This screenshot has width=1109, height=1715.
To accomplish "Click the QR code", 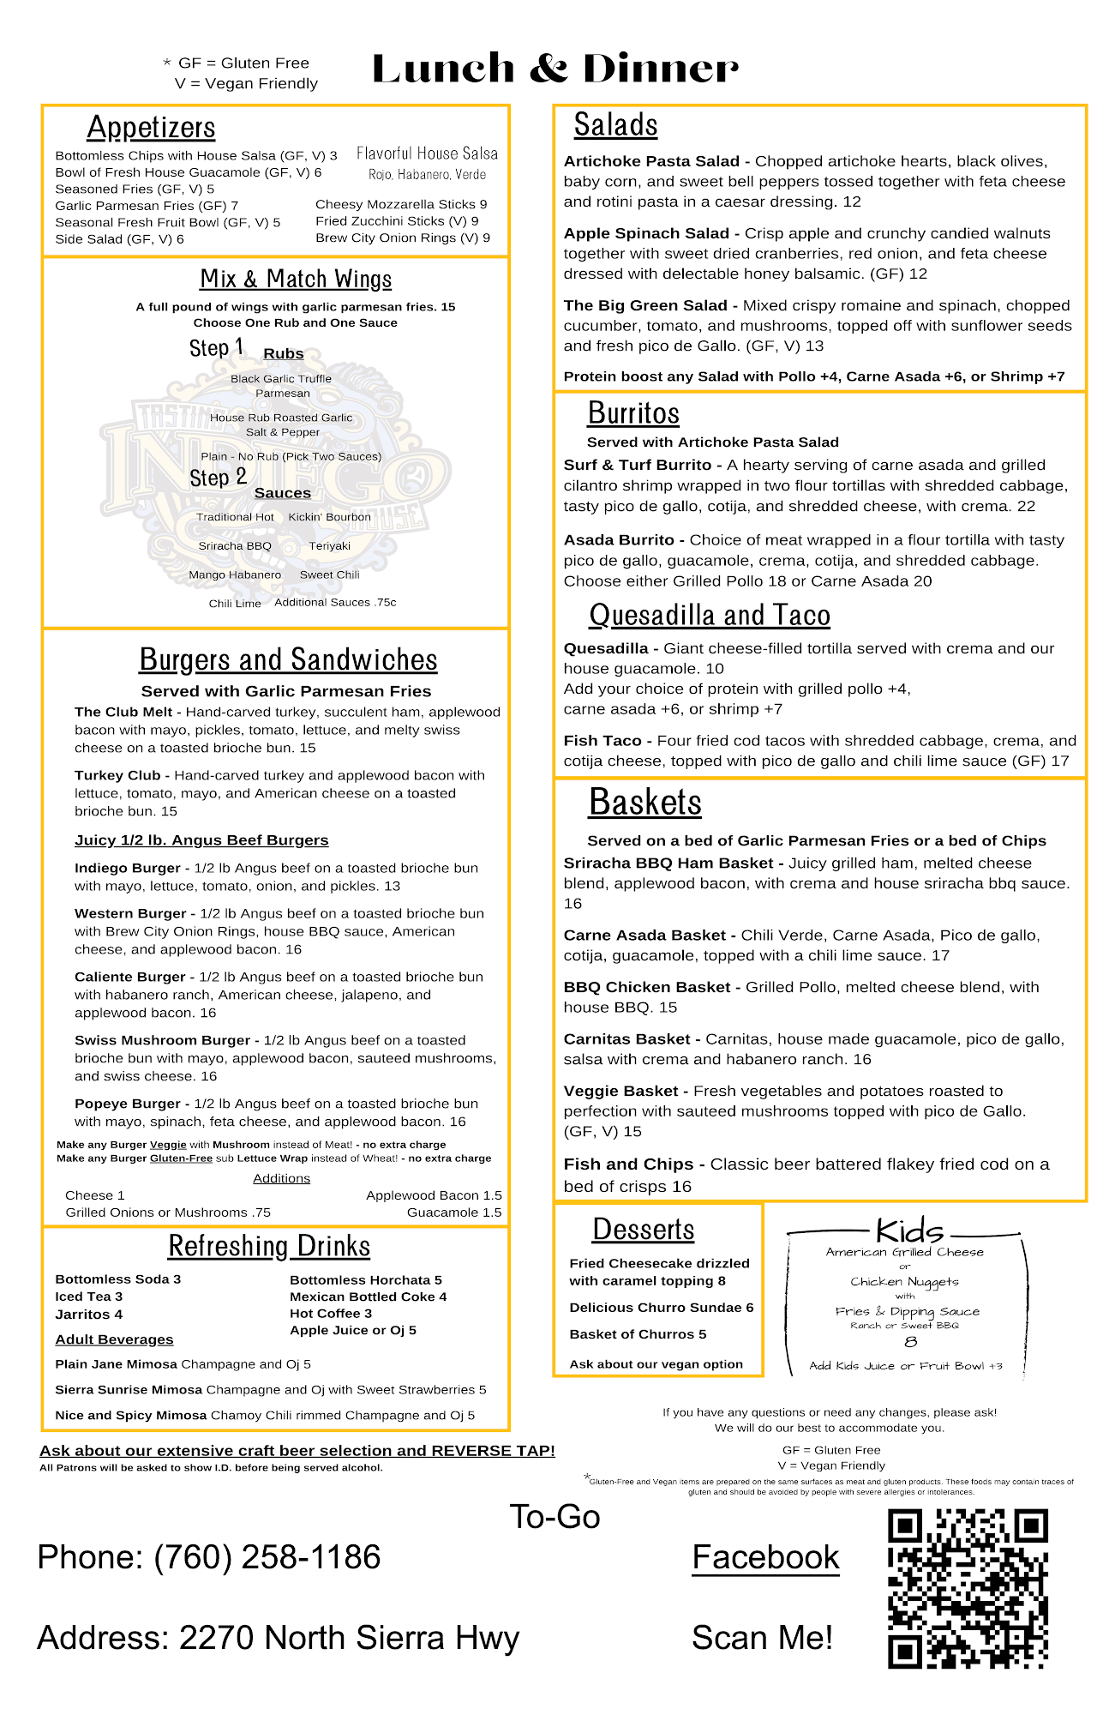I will [968, 1588].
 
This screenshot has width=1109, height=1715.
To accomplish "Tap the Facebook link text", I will [765, 1557].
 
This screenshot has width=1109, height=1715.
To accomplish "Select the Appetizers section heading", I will [151, 127].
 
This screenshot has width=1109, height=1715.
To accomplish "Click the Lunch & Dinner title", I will [554, 69].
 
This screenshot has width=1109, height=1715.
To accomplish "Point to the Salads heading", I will [615, 125].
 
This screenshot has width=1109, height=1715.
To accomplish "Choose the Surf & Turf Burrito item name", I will [637, 465].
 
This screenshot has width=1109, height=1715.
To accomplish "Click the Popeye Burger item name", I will [128, 1104].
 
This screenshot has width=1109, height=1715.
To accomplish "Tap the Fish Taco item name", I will [602, 741].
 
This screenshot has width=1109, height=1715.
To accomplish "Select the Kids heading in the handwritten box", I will [908, 1231].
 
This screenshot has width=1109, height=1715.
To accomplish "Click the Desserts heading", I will [643, 1230].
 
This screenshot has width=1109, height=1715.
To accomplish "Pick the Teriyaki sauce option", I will [329, 546].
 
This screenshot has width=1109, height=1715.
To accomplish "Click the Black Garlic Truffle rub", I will [281, 379].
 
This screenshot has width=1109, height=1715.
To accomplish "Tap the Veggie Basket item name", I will [620, 1091].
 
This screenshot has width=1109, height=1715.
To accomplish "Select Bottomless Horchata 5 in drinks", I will [365, 1280].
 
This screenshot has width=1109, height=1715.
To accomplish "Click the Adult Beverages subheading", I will [114, 1339].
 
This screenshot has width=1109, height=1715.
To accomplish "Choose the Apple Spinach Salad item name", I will [646, 233].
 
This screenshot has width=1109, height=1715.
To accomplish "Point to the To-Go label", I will [554, 1517].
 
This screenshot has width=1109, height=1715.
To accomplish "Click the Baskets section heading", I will [644, 803].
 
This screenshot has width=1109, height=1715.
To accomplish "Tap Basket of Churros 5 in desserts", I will [638, 1334].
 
